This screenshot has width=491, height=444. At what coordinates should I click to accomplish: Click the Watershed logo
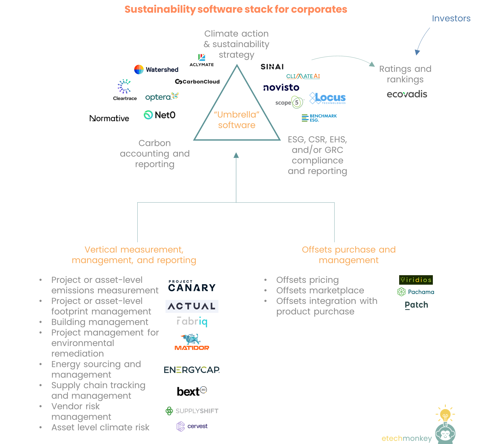pyautogui.click(x=156, y=70)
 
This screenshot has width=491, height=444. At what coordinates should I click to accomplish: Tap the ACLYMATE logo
pyautogui.click(x=201, y=60)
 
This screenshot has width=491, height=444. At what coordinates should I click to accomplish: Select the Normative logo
pyautogui.click(x=109, y=118)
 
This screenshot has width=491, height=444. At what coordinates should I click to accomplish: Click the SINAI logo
pyautogui.click(x=272, y=67)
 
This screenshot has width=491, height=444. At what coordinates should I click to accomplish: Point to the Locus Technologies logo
pyautogui.click(x=328, y=98)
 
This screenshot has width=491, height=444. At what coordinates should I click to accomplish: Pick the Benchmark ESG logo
pyautogui.click(x=319, y=118)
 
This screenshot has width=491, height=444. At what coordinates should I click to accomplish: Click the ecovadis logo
pyautogui.click(x=407, y=94)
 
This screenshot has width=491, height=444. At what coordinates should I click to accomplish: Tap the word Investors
pyautogui.click(x=451, y=18)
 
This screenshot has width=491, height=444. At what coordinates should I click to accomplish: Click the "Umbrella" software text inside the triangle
pyautogui.click(x=237, y=120)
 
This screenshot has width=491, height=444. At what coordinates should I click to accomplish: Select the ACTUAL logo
pyautogui.click(x=192, y=306)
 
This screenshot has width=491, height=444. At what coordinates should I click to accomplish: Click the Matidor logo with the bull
pyautogui.click(x=192, y=342)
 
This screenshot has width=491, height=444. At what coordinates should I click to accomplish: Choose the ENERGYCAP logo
pyautogui.click(x=192, y=370)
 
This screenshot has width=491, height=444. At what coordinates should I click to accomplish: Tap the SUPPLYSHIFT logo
pyautogui.click(x=192, y=411)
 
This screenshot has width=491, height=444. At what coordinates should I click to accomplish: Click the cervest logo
pyautogui.click(x=192, y=426)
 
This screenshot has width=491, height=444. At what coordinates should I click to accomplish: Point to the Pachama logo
pyautogui.click(x=416, y=292)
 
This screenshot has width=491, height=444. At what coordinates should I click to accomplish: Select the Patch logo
pyautogui.click(x=416, y=305)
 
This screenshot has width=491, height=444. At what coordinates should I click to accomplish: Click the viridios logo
pyautogui.click(x=416, y=280)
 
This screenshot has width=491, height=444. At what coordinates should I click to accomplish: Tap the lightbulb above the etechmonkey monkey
pyautogui.click(x=445, y=414)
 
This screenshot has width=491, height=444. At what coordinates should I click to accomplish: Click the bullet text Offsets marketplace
pyautogui.click(x=320, y=290)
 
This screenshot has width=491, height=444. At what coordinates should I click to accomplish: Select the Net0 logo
pyautogui.click(x=159, y=115)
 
